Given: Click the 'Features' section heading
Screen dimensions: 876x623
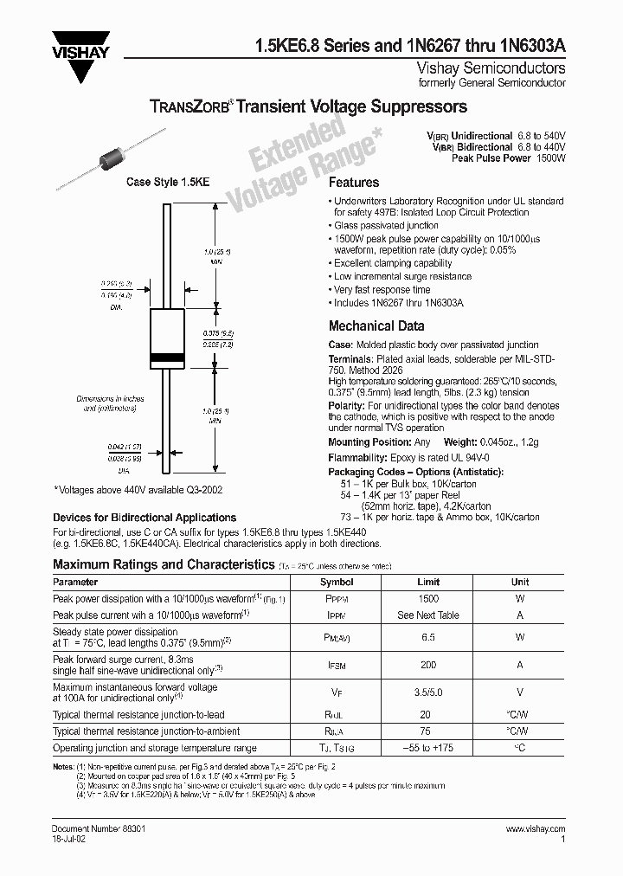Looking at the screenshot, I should tap(354, 183).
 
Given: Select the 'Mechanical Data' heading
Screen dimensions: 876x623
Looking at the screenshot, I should tap(376, 326).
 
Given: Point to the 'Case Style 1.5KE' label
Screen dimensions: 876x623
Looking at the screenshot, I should tap(169, 183).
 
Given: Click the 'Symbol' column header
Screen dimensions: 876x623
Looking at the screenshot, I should tap(337, 582).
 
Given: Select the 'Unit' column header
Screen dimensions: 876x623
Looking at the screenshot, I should tap(520, 582).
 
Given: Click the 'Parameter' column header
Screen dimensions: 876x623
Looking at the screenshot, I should tap(75, 582).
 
